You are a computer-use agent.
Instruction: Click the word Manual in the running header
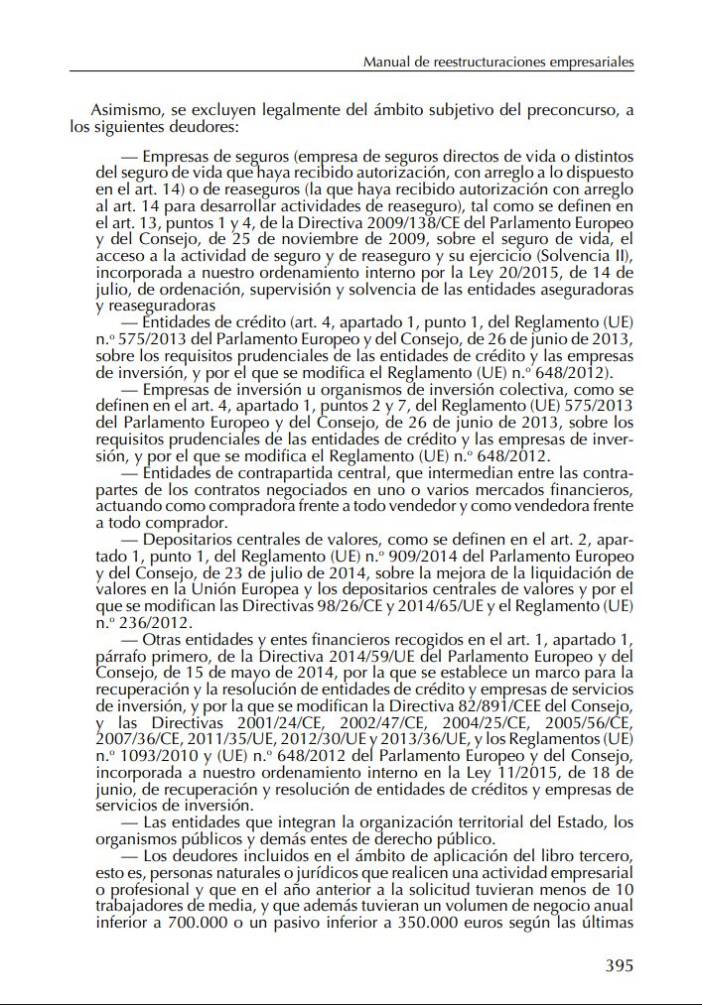pos(388,62)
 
